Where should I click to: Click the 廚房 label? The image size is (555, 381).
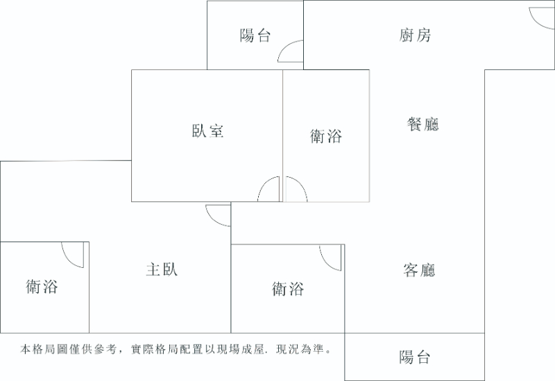pos(415,35)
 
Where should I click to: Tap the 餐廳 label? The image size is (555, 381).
pos(422,124)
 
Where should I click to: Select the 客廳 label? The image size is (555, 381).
pos(419,270)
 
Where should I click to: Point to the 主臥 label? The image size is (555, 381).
pos(162,269)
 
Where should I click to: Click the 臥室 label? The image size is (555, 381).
pos(207,130)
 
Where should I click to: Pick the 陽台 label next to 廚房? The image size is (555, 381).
pos(255,35)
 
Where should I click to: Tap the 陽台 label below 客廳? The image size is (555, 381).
pos(414,357)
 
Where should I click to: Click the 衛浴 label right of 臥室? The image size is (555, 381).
pos(325,137)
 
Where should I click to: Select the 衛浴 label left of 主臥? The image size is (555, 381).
pos(42,286)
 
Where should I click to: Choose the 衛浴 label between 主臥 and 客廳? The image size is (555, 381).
pos(288,288)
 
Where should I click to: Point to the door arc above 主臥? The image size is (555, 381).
pos(218,215)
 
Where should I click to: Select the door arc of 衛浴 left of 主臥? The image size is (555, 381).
pos(73,255)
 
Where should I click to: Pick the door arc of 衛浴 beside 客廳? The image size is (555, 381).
pos(332,257)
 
